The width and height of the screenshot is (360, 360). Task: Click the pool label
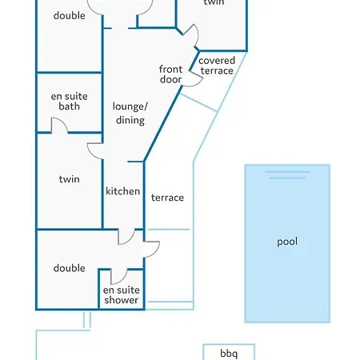pyautogui.click(x=287, y=242)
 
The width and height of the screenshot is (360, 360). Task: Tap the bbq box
pyautogui.click(x=229, y=352)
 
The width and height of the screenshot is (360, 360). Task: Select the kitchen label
pyautogui.click(x=122, y=191)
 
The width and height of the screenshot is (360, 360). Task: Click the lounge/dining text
pyautogui.click(x=130, y=113)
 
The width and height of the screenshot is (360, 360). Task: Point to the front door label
pyautogui.click(x=170, y=74)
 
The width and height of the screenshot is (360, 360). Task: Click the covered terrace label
pyautogui.click(x=217, y=66)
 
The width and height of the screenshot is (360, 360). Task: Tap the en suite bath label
pyautogui.click(x=69, y=101)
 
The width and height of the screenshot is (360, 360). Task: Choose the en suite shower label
pyautogui.click(x=122, y=295)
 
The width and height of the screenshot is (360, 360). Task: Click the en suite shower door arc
pyautogui.click(x=122, y=279)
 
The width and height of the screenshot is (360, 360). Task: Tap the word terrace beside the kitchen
pyautogui.click(x=167, y=198)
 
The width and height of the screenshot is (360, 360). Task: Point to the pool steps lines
pyautogui.click(x=287, y=175)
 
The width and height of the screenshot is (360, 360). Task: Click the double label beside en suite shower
pyautogui.click(x=70, y=268)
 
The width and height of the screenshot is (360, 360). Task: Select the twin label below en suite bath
pyautogui.click(x=70, y=179)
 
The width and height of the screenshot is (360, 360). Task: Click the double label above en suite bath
pyautogui.click(x=70, y=15)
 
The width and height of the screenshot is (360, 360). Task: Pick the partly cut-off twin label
pyautogui.click(x=214, y=2)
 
